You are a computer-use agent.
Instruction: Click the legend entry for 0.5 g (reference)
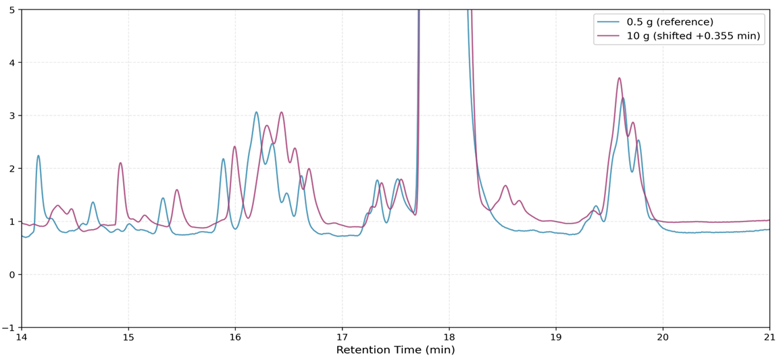[x=670, y=22]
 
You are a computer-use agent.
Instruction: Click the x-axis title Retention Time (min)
[x=395, y=350]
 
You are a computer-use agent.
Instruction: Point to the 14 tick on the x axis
[x=22, y=336]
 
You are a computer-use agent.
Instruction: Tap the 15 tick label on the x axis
[x=128, y=336]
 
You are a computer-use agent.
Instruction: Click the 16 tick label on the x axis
[x=235, y=336]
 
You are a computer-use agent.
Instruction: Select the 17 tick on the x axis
[x=342, y=336]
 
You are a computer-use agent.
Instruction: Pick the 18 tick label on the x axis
[x=449, y=336]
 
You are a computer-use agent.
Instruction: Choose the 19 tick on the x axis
[x=555, y=336]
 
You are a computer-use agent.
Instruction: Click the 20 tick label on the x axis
[x=663, y=336]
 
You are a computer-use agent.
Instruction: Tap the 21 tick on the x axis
[x=770, y=336]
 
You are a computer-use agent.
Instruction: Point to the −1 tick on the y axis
[x=12, y=328]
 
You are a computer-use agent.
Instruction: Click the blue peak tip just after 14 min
[x=39, y=156]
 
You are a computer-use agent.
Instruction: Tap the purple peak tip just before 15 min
[x=120, y=163]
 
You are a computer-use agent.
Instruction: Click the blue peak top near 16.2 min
[x=257, y=112]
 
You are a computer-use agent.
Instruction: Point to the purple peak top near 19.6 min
[x=619, y=78]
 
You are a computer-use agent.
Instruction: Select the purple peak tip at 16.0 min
[x=234, y=147]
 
